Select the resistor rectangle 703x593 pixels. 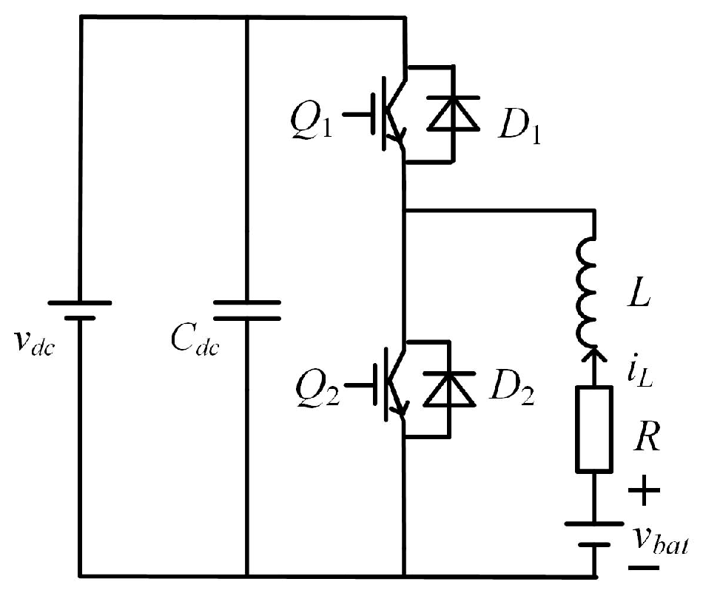click(x=594, y=429)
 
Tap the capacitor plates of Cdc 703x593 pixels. click(x=247, y=311)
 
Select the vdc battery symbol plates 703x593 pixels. click(x=80, y=310)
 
